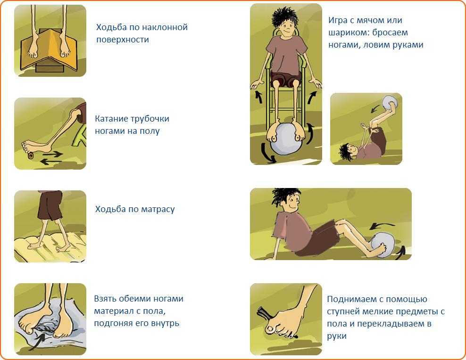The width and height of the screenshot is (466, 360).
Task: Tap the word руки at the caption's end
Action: [x=337, y=336]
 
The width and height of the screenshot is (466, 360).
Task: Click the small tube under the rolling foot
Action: [x=30, y=155]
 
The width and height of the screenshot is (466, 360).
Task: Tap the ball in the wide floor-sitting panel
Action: [x=383, y=245]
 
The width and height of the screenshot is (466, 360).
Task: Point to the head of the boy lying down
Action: [x=348, y=151]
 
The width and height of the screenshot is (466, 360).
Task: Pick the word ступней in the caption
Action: [x=343, y=312]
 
